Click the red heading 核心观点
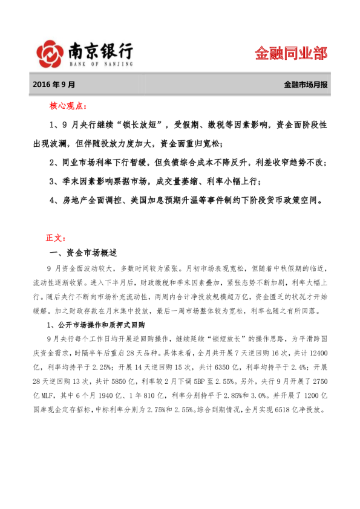click(x=68, y=106)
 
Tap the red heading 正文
click(x=59, y=237)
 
